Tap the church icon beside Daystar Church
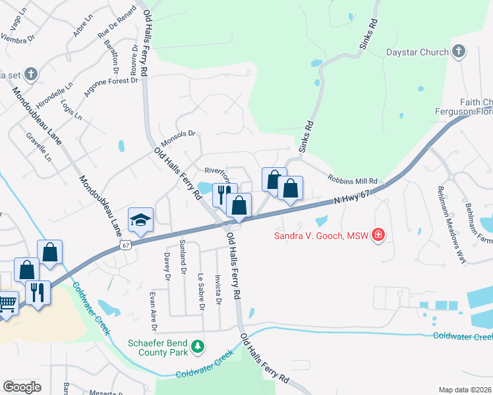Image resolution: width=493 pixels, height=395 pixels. tap(459, 51)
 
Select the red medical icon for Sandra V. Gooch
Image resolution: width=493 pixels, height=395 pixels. tap(378, 234)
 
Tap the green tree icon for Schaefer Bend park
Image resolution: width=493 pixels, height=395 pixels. tap(197, 346)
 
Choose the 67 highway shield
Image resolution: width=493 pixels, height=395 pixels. tap(125, 245)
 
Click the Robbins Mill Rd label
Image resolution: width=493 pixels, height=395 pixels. tap(353, 179)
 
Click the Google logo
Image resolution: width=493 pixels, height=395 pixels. tap(22, 386)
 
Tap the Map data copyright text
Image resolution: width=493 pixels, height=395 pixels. tap(465, 390)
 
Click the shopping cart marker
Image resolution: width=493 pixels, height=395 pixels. tap(7, 305)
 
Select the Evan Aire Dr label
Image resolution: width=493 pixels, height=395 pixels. tap(154, 310)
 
